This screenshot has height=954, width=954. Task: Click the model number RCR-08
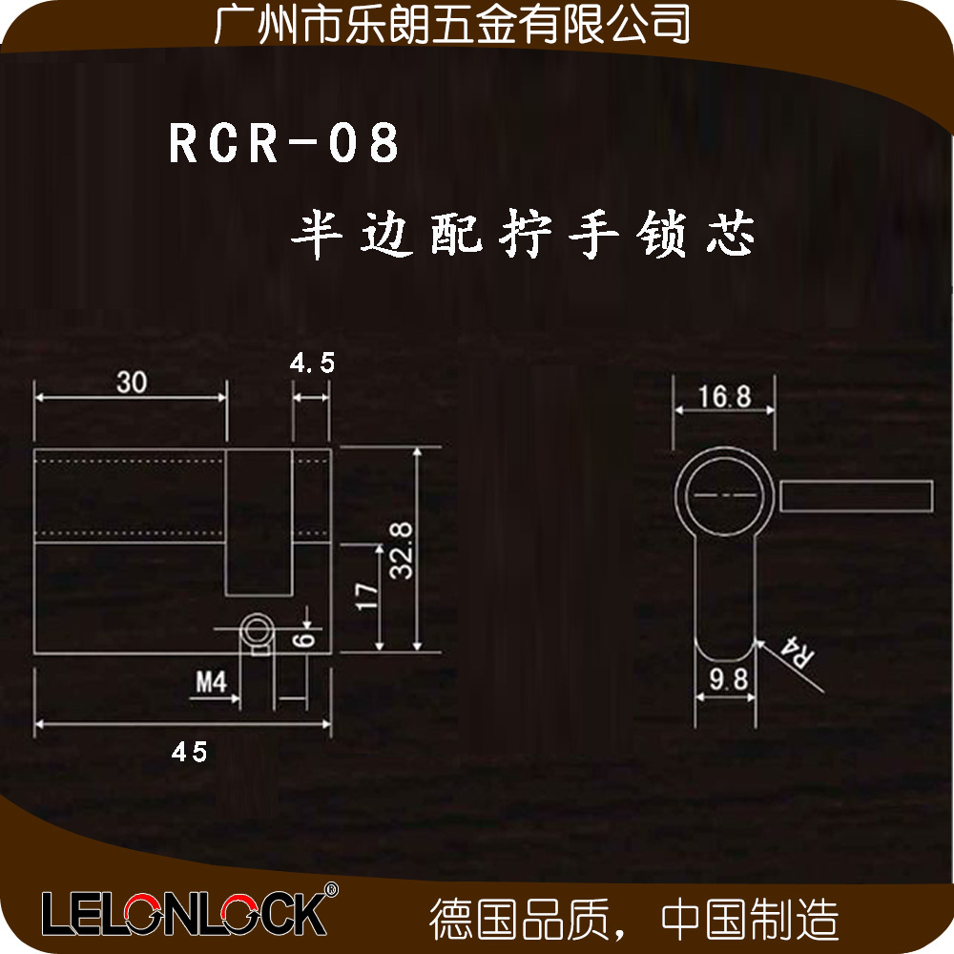point(284,142)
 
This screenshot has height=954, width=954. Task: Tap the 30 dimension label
point(132,383)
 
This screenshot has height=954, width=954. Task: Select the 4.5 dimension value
point(312,363)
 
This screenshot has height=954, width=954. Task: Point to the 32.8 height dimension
point(401,550)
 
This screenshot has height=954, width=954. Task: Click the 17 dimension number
point(366,595)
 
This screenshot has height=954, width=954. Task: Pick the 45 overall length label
point(189,752)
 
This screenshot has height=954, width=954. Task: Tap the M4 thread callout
point(211,682)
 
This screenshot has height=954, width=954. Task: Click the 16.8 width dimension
point(725,397)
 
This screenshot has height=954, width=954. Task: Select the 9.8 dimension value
point(728,679)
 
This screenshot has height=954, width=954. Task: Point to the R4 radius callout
point(797,653)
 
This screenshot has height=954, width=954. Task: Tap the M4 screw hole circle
point(258,630)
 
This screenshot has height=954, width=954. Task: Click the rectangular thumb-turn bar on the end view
point(856,496)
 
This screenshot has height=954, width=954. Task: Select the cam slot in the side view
point(259,523)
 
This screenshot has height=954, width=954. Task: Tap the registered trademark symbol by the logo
point(330,889)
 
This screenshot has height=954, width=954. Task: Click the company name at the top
point(452,25)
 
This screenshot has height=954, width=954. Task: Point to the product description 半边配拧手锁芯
point(523,234)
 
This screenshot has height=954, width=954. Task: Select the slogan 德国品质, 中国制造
point(633,919)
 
